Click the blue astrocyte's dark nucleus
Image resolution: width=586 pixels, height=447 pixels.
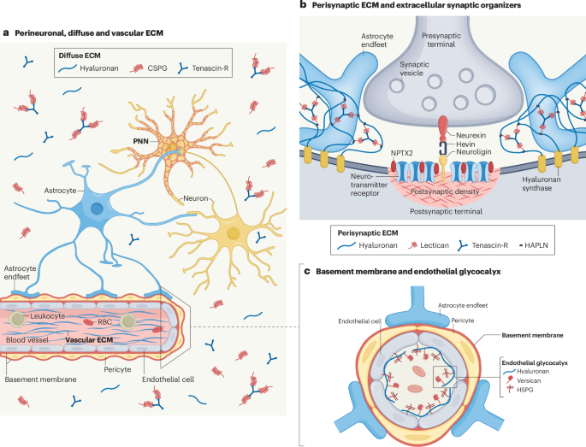coord(98,209)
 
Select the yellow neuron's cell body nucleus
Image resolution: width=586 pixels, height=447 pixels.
coord(232,232)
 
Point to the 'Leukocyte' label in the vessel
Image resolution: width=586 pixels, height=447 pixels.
coord(50,315)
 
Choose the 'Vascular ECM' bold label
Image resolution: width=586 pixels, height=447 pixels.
coord(91,339)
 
